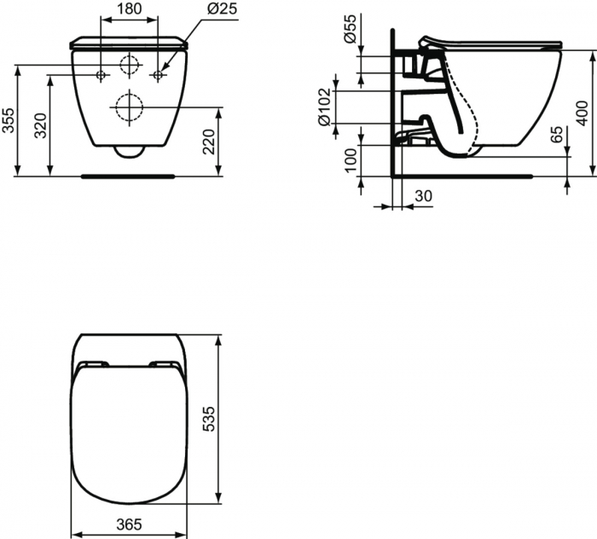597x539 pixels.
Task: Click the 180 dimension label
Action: coord(128,9)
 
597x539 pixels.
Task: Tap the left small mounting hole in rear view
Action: coord(101,75)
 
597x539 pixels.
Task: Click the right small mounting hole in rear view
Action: coord(159,75)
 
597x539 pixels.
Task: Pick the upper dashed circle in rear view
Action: coord(130,64)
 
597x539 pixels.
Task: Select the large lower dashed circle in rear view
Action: coord(130,107)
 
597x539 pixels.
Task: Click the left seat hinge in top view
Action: coord(90,366)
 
